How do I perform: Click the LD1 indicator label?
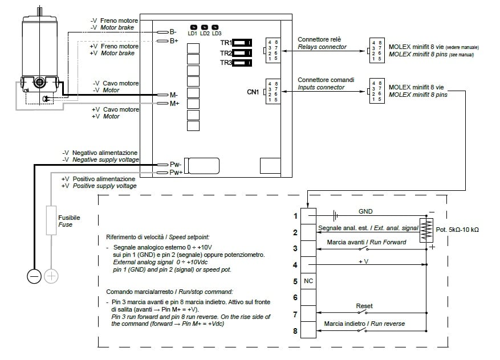coord(192,34)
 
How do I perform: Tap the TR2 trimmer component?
coord(242,52)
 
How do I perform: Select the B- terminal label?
coord(173,32)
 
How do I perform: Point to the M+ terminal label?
coord(174,104)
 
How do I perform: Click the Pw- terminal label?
coord(176,165)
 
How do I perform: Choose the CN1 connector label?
coord(253,92)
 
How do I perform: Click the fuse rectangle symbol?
coord(51,220)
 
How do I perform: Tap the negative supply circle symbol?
coord(34,276)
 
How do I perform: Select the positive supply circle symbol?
coord(51,276)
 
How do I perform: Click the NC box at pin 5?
coord(308,281)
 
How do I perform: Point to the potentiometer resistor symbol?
coord(426,230)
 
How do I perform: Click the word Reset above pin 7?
coord(364,306)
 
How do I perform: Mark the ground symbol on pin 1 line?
coord(335,216)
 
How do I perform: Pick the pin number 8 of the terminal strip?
coord(295,331)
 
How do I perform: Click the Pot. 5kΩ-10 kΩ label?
coord(457,230)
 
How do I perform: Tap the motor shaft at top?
coord(39,11)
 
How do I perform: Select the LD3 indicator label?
coord(217,34)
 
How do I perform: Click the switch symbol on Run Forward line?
coord(363,248)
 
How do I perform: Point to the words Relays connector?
coord(322,47)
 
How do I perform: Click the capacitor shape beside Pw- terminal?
coord(202,166)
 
